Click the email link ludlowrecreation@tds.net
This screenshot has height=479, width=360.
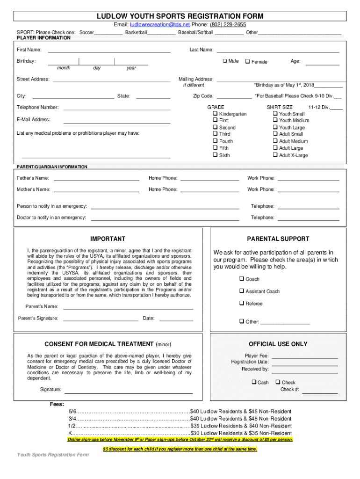click(160, 24)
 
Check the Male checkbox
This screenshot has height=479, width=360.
click(224, 61)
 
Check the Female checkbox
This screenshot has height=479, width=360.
click(247, 61)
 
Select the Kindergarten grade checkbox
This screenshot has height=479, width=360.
click(215, 114)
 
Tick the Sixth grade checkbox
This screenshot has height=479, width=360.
click(215, 155)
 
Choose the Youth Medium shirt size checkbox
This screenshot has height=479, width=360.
click(275, 120)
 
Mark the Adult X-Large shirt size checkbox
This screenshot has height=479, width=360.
click(275, 155)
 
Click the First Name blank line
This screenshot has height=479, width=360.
click(109, 51)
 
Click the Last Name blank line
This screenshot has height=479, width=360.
click(278, 51)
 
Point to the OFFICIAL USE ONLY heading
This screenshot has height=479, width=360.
click(278, 344)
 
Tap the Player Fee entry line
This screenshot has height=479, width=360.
click(304, 357)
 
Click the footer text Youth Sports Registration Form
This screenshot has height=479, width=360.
click(53, 455)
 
